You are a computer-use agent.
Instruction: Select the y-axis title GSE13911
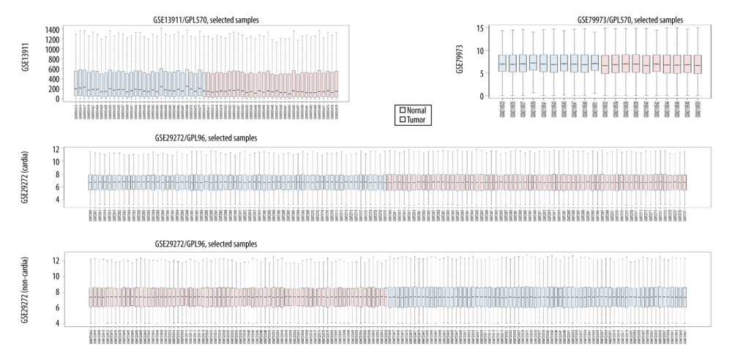[x=26, y=62]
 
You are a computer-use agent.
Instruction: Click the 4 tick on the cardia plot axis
[x=77, y=200]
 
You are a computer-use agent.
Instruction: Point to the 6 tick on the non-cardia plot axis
[x=76, y=307]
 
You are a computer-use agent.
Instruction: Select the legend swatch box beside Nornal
[x=402, y=109]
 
